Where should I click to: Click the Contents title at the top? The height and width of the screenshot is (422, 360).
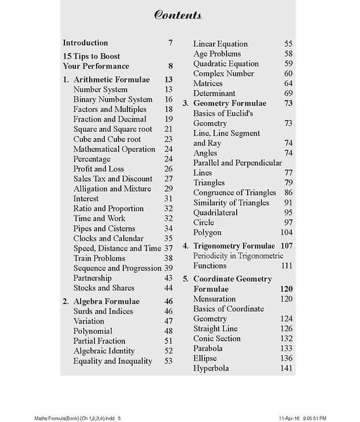(178, 15)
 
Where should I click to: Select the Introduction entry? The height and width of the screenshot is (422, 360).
(85, 43)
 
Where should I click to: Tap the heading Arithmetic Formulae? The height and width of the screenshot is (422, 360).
(111, 80)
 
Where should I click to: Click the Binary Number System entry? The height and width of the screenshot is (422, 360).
(113, 99)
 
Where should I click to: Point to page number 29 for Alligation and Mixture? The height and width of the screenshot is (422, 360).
(168, 188)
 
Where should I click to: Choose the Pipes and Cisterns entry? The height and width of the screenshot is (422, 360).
(104, 228)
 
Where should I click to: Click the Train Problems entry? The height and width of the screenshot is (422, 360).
(99, 258)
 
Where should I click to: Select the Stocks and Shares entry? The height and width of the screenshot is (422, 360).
(104, 287)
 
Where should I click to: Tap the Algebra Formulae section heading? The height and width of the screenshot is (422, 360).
(106, 301)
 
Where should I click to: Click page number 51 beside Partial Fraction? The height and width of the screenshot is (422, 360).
(168, 341)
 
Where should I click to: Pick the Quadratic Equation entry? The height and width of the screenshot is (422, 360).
(226, 64)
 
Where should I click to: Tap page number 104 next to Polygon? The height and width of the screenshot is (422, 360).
(286, 232)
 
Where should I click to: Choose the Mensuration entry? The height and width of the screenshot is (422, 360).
(214, 299)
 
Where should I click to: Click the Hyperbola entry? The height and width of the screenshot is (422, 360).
(211, 368)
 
